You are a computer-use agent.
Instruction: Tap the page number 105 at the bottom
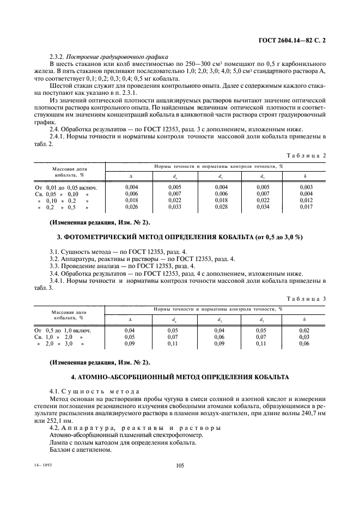click(180, 466)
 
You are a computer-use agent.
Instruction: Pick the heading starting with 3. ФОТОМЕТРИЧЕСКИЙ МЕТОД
click(180, 238)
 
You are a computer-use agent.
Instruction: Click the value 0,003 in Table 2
click(306, 186)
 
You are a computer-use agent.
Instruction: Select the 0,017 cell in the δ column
click(306, 207)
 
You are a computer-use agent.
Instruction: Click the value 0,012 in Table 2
click(306, 201)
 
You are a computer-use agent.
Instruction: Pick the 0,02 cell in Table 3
click(306, 330)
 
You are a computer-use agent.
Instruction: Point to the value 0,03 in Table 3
click(306, 337)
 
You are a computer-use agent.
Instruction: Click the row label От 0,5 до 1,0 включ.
click(63, 330)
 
